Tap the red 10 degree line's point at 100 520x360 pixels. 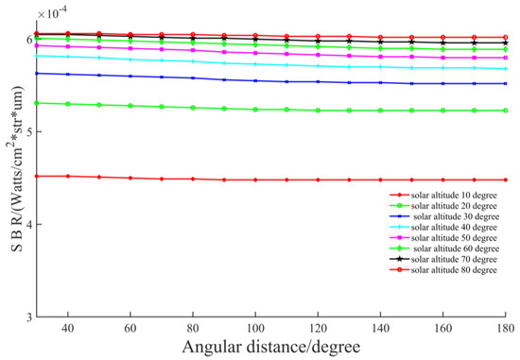(x=255, y=180)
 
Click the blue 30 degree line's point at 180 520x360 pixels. (x=505, y=84)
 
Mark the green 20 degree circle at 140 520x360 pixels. (x=380, y=111)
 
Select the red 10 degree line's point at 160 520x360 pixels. (x=442, y=180)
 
